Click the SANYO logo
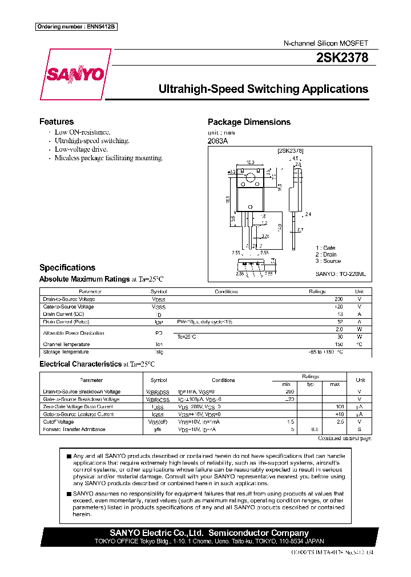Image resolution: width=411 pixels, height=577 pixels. coord(75,74)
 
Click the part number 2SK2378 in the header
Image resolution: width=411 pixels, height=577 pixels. coord(342,58)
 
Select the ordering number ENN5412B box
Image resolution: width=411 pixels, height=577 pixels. coord(76,27)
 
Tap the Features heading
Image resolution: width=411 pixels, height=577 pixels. coord(57,121)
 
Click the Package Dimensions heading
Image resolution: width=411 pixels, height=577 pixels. coord(249,122)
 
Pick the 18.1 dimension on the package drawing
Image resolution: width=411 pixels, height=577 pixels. coord(227,200)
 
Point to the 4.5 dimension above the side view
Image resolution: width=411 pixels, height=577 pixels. coord(295,158)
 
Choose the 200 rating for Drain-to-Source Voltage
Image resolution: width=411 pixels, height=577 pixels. coord(338,299)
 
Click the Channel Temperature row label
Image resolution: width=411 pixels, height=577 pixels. coord(66,344)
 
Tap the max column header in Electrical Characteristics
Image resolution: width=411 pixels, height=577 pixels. coord(335,384)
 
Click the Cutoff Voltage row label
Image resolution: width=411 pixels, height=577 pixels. coord(59,422)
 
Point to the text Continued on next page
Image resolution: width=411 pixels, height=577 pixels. coord(344,438)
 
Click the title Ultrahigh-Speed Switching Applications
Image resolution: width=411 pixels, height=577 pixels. coord(263,90)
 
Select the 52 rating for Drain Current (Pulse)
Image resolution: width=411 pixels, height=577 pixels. coord(340,322)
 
